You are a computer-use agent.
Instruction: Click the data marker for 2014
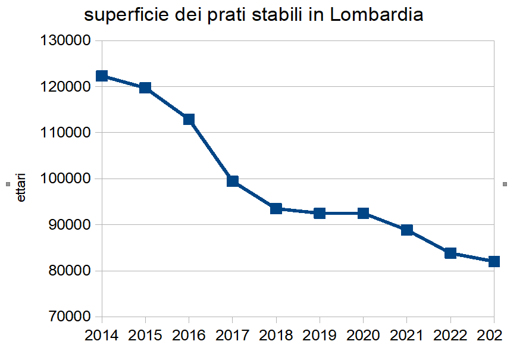102,76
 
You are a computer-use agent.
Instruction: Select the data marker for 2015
145,88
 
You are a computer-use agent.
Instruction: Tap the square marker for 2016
189,119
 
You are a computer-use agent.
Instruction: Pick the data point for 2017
233,181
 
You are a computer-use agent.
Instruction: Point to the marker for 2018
276,208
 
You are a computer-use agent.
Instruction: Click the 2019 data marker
320,213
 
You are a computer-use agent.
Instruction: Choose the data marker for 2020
363,213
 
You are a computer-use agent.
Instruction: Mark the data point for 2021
407,230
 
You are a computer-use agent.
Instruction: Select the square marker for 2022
450,253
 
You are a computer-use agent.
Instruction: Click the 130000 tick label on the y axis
64,41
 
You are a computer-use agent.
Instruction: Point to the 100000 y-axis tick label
64,179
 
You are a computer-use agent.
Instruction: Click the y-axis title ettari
21,187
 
